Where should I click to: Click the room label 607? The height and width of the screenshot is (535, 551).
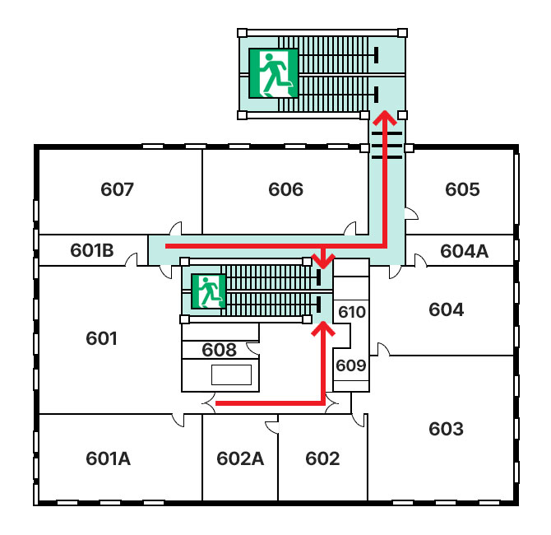[117, 189]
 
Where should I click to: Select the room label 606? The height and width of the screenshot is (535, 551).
[285, 189]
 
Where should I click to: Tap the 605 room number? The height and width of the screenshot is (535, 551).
[462, 189]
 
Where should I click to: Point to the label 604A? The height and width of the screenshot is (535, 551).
[464, 251]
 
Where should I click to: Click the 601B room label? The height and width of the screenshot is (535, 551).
[92, 250]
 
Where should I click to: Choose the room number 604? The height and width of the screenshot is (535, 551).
[447, 309]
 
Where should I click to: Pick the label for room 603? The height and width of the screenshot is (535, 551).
[447, 429]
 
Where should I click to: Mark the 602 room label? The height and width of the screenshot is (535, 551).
[322, 458]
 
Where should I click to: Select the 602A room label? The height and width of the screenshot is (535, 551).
[240, 458]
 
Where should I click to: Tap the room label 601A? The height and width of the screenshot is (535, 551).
[109, 458]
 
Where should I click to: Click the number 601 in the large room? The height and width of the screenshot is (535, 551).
[101, 338]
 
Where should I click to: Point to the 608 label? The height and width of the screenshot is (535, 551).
[219, 350]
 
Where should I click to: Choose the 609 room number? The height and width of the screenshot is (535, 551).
[351, 365]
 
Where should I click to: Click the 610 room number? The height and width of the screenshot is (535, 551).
[352, 312]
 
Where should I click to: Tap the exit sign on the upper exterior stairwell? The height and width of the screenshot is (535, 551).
[273, 73]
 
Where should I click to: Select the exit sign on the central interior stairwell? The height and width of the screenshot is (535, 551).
[208, 291]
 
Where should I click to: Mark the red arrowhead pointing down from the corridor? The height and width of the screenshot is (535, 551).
[323, 261]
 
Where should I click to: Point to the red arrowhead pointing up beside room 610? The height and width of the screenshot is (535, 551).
[323, 329]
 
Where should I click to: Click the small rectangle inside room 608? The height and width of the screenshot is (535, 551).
[232, 375]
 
